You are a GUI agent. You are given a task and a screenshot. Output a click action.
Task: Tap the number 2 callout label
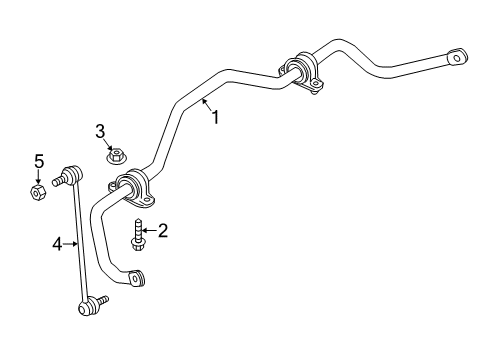click(162, 231)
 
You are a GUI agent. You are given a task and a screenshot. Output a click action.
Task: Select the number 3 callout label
click(101, 130)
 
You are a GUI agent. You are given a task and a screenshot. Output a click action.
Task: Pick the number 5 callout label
click(39, 160)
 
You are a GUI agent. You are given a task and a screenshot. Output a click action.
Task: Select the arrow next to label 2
click(149, 232)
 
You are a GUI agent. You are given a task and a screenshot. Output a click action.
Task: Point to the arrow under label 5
click(38, 176)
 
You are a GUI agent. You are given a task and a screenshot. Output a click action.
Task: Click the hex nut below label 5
click(37, 190)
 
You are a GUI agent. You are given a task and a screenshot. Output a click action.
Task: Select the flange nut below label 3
click(115, 156)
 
